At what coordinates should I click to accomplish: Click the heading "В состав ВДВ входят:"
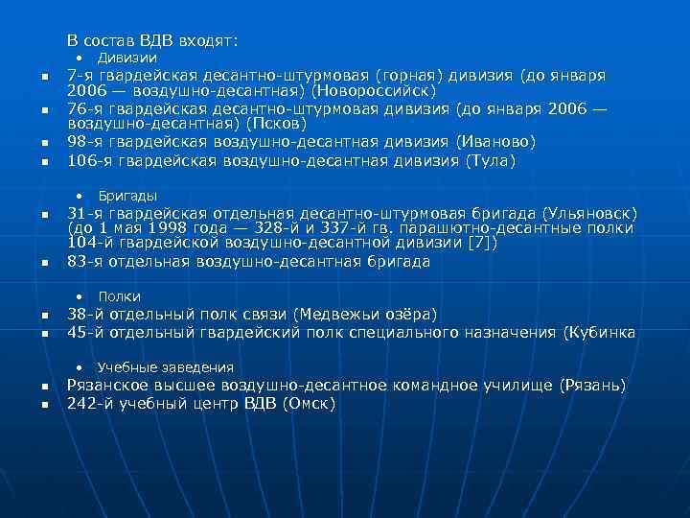click(152, 40)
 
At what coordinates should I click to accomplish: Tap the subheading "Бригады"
click(127, 196)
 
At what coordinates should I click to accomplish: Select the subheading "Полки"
click(119, 296)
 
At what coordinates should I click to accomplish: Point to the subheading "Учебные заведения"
click(165, 367)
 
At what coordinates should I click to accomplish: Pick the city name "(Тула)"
click(490, 160)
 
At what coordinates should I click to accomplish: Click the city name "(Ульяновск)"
click(588, 212)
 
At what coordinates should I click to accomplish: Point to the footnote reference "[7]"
click(479, 245)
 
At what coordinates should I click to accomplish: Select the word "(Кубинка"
click(601, 332)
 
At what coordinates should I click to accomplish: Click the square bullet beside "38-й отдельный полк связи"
click(45, 317)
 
